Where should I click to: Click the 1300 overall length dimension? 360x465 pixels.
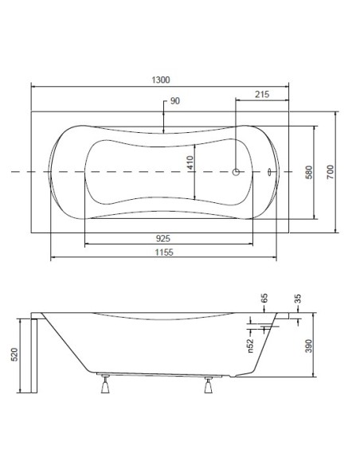click(161, 80)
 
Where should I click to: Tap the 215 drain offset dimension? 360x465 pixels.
click(262, 94)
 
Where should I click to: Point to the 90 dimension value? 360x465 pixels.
click(175, 101)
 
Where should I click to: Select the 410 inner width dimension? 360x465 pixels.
click(190, 162)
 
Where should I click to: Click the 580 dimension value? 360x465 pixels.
click(309, 172)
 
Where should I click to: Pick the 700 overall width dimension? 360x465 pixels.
click(330, 172)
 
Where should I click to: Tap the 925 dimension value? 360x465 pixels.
click(163, 238)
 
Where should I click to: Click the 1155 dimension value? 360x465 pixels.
click(164, 252)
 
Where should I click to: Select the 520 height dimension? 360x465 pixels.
click(14, 354)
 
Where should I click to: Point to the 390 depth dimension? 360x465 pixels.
click(309, 346)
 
